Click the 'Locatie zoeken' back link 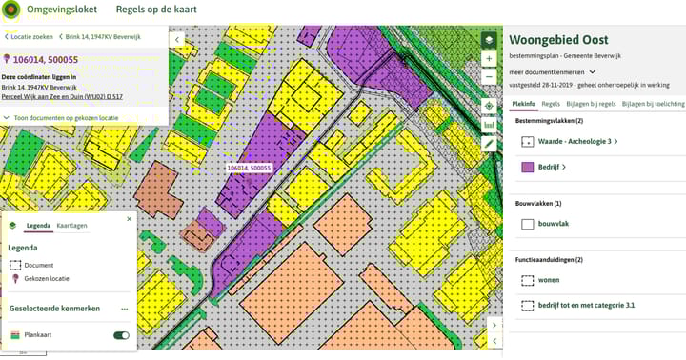click(x=30, y=37)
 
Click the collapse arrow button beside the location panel click(x=178, y=40)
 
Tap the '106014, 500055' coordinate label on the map click(x=249, y=168)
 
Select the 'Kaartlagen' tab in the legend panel click(x=71, y=226)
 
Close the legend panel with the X click(x=130, y=219)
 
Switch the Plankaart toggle click(x=121, y=335)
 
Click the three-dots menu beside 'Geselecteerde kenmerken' click(x=124, y=309)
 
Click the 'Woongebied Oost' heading click(x=558, y=40)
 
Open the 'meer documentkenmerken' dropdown click(x=554, y=71)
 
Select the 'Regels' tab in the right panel click(x=551, y=103)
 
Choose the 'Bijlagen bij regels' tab click(x=591, y=103)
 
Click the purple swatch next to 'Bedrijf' click(x=527, y=167)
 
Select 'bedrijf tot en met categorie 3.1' click(x=586, y=306)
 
